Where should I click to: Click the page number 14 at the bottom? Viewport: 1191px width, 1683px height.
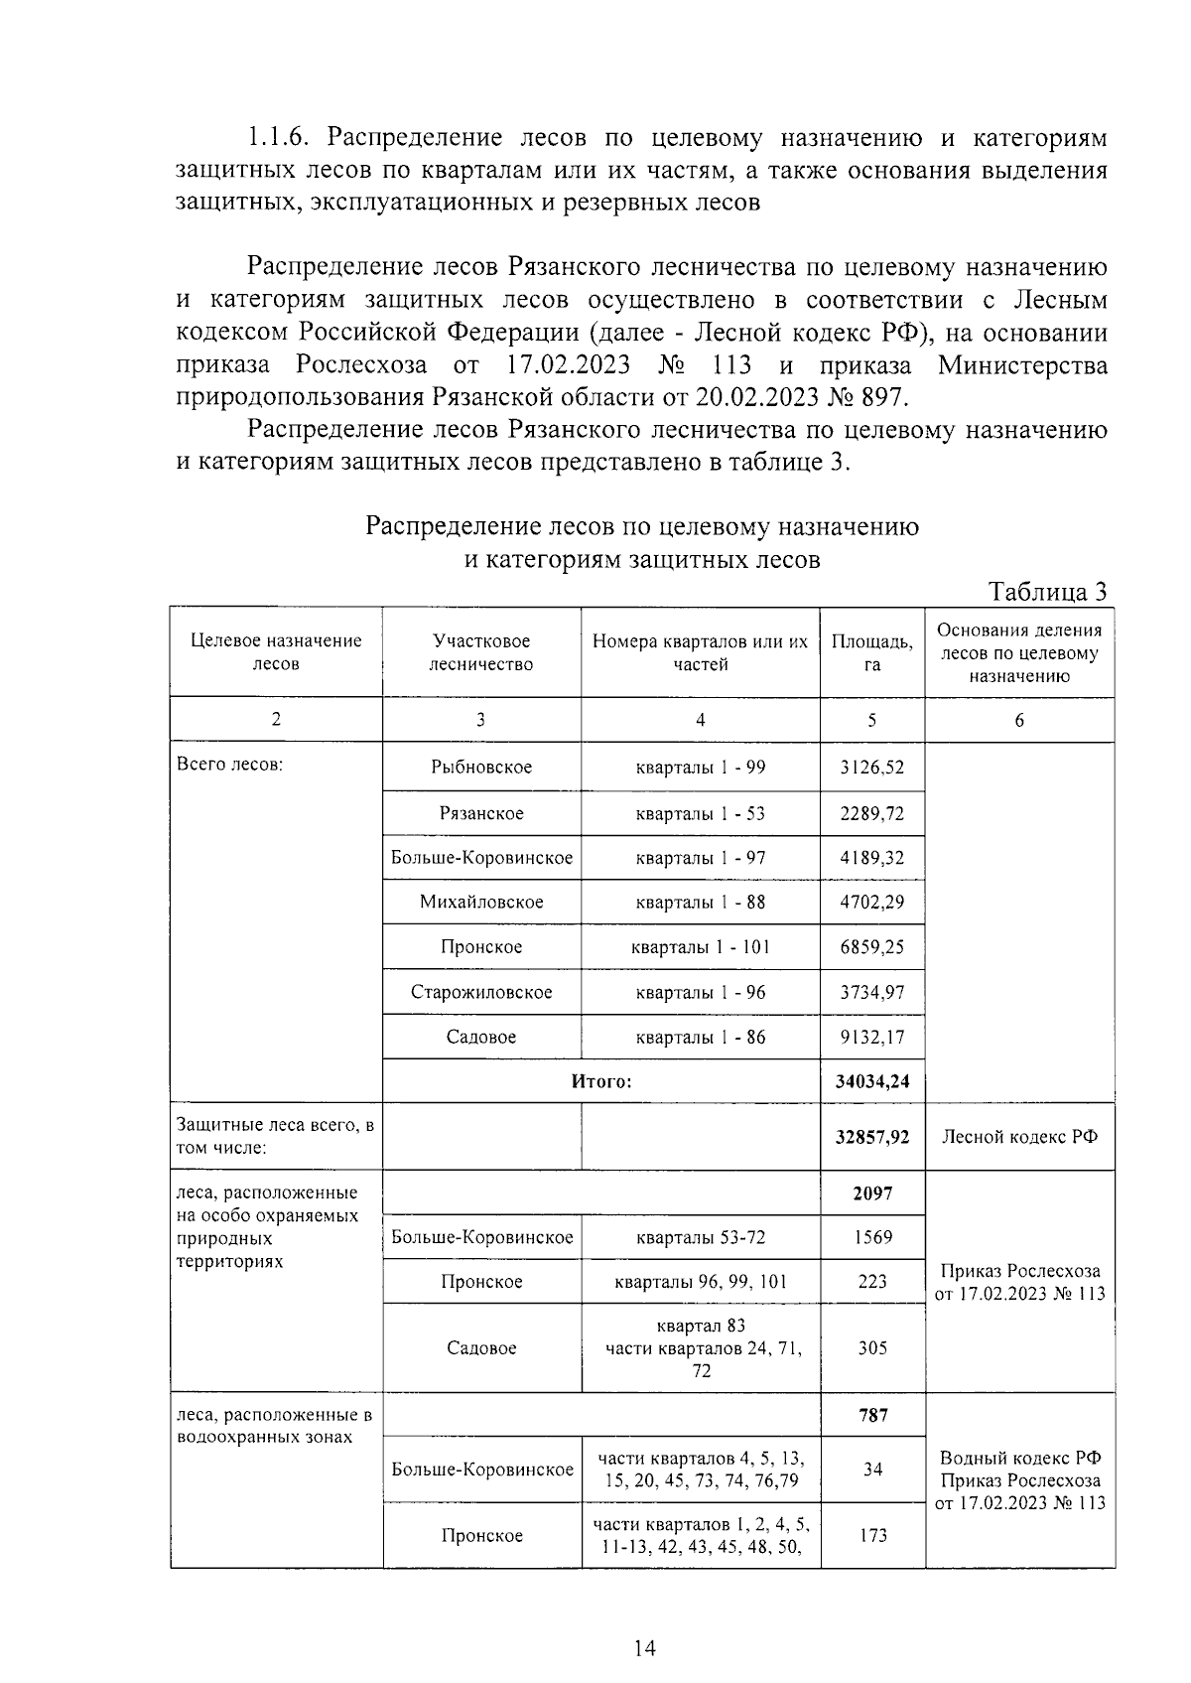point(644,1649)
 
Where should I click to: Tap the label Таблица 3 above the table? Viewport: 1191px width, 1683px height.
point(1046,593)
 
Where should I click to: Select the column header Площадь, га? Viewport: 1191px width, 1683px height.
point(871,652)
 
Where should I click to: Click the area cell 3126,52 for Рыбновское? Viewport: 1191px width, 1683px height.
point(871,768)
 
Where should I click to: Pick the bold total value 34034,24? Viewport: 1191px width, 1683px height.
point(871,1081)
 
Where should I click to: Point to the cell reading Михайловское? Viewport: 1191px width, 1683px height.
point(481,902)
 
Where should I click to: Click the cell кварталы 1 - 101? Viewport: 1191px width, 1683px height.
point(700,947)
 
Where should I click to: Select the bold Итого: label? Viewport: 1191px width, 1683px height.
point(600,1081)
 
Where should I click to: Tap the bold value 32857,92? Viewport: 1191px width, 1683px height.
point(871,1137)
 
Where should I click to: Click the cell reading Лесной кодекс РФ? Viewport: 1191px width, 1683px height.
point(1019,1137)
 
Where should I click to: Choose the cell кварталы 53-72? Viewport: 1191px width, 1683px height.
point(700,1237)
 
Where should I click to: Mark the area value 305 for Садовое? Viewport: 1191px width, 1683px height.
point(871,1347)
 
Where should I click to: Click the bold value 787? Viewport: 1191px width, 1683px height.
point(872,1415)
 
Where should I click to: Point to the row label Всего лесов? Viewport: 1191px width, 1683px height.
point(229,765)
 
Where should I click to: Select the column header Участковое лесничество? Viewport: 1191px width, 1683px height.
point(481,652)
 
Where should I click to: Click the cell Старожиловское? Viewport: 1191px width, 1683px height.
point(481,992)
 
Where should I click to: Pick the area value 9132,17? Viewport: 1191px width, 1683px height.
point(871,1037)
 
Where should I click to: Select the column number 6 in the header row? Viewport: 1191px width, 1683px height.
point(1019,721)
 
